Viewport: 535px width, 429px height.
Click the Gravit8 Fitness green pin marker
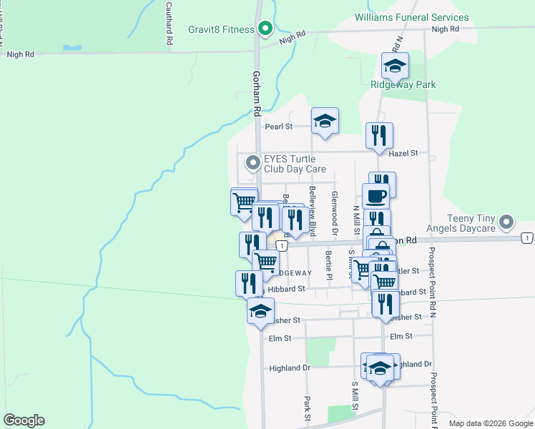click(x=265, y=29)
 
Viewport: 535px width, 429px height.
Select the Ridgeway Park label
click(x=403, y=84)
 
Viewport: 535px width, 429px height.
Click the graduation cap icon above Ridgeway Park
click(x=395, y=66)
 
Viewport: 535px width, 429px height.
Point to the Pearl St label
click(x=279, y=127)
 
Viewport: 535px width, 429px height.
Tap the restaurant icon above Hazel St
click(x=380, y=135)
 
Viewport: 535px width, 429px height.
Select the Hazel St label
click(x=402, y=153)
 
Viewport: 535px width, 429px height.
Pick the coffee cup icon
click(x=376, y=195)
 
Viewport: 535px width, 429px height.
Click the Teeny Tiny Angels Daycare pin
click(x=506, y=222)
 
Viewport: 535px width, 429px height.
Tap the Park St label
click(x=307, y=408)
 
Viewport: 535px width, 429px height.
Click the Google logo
click(x=24, y=420)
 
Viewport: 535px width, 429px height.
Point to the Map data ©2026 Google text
click(x=490, y=423)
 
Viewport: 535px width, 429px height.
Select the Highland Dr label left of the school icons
click(x=290, y=368)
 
